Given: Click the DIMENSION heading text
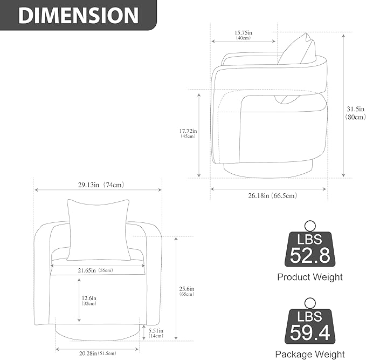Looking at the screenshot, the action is (x=79, y=16).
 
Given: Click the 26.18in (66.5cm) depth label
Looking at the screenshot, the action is (x=272, y=195).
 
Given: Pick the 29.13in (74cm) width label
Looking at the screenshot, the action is (x=101, y=185).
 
